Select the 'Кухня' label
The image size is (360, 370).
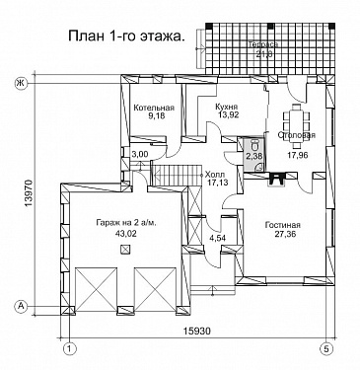(x=229, y=103)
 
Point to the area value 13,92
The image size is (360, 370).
(x=229, y=115)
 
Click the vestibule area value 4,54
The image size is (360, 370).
(x=218, y=238)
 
